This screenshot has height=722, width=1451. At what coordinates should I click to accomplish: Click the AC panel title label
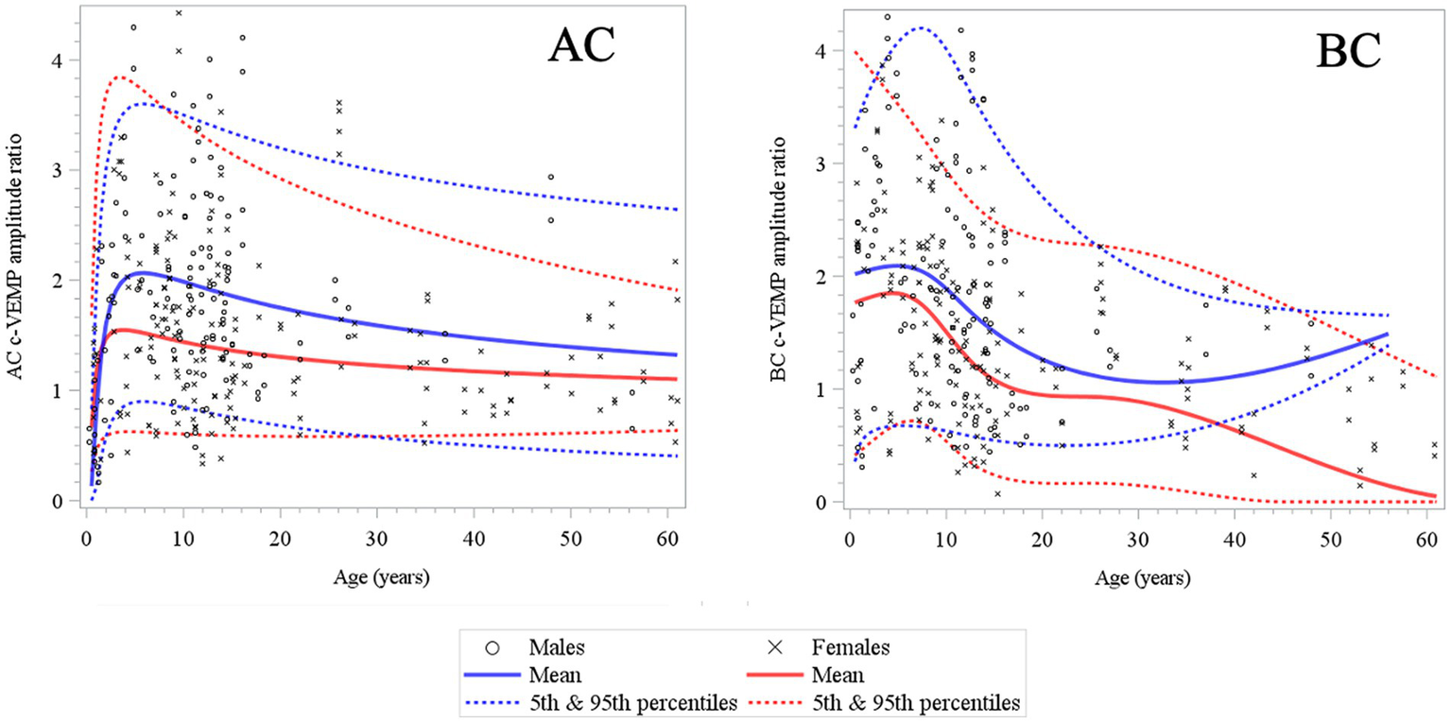591,47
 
